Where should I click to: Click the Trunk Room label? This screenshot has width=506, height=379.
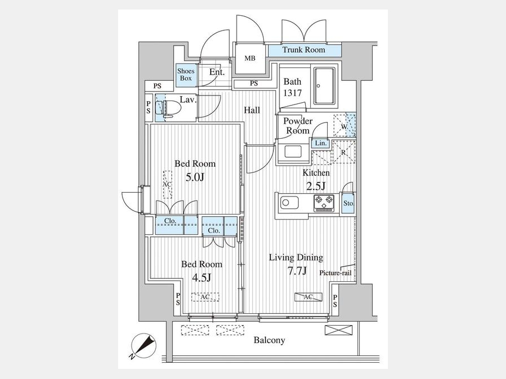click(304, 49)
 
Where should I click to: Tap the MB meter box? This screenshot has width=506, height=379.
click(250, 58)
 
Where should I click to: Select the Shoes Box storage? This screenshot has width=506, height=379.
click(186, 75)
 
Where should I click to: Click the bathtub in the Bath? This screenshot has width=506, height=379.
click(324, 86)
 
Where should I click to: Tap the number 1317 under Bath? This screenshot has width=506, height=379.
click(292, 93)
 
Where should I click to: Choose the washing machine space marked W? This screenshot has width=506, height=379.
click(344, 125)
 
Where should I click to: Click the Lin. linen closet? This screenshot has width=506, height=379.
click(320, 143)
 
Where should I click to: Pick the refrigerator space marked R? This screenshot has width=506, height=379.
click(344, 152)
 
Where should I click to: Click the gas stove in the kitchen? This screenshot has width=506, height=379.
click(324, 203)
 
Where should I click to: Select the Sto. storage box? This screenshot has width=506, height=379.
click(348, 203)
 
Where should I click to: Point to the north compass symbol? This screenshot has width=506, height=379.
click(143, 345)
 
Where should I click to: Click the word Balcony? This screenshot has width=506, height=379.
click(269, 340)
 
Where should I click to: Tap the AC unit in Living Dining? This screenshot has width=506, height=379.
click(309, 297)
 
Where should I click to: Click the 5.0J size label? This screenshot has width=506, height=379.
click(195, 177)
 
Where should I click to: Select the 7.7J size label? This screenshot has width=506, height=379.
click(297, 271)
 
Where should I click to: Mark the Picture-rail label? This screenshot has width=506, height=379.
click(335, 273)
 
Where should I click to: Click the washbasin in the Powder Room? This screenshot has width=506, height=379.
click(293, 152)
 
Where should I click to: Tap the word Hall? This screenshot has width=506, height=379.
click(252, 110)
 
